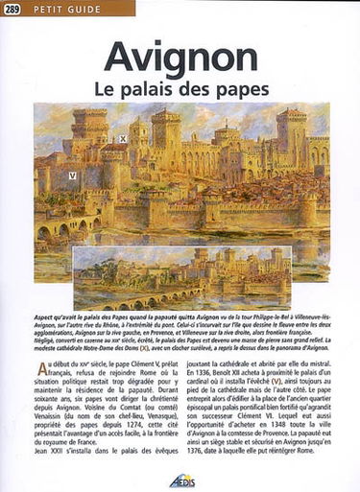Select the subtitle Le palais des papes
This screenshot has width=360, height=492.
click(x=180, y=86)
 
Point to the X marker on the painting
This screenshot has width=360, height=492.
click(x=122, y=139)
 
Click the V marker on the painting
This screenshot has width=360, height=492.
click(x=72, y=176)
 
